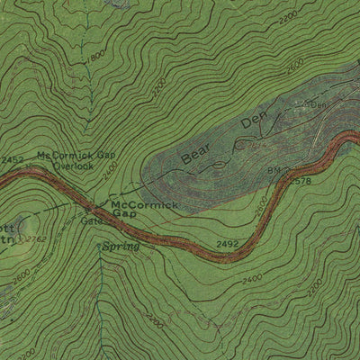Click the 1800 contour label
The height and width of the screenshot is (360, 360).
[94, 61]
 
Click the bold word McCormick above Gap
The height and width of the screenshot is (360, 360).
[142, 205]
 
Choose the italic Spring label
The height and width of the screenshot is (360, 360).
[121, 246]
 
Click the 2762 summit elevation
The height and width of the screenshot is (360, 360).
[34, 238]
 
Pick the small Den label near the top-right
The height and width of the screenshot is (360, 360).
[317, 104]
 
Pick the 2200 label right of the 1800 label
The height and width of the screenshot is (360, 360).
[158, 87]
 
